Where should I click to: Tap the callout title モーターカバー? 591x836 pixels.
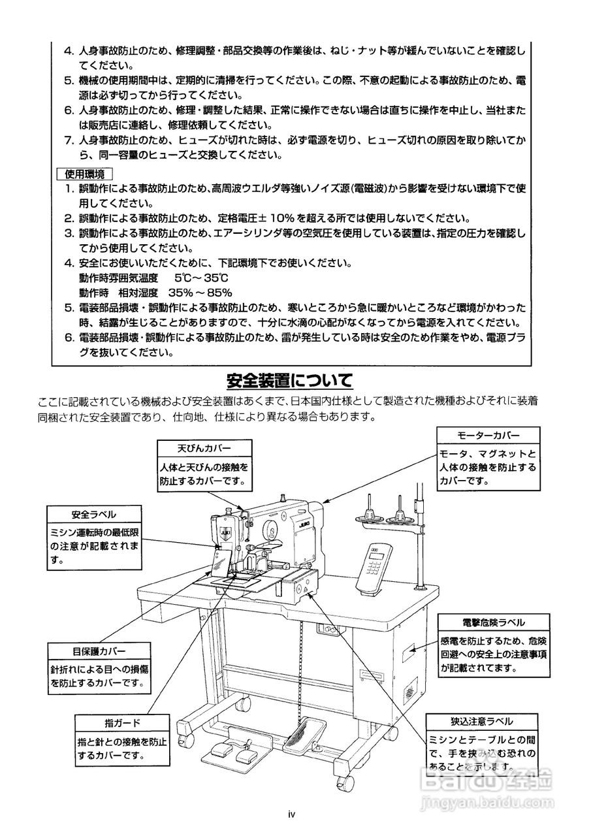coord(488,436)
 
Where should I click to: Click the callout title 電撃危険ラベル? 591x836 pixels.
coord(493,622)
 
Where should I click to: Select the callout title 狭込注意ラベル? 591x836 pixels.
coord(481,722)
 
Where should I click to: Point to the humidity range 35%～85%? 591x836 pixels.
coord(200,292)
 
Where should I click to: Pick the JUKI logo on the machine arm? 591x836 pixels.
coord(304,524)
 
